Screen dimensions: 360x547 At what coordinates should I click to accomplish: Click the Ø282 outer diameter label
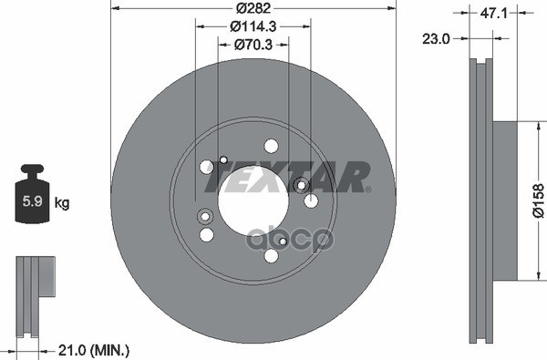pyautogui.click(x=252, y=9)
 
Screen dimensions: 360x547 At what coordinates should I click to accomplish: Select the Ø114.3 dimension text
pyautogui.click(x=252, y=26)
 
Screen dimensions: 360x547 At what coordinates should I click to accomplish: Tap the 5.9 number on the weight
pyautogui.click(x=31, y=198)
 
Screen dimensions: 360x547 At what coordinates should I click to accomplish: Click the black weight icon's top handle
pyautogui.click(x=32, y=170)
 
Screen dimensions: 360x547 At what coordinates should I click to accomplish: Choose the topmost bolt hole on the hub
pyautogui.click(x=271, y=146)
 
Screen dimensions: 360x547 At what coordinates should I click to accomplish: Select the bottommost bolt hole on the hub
pyautogui.click(x=271, y=256)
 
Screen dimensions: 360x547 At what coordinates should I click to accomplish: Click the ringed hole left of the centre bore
pyautogui.click(x=203, y=216)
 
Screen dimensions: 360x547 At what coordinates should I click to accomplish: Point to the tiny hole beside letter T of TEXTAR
pyautogui.click(x=222, y=160)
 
